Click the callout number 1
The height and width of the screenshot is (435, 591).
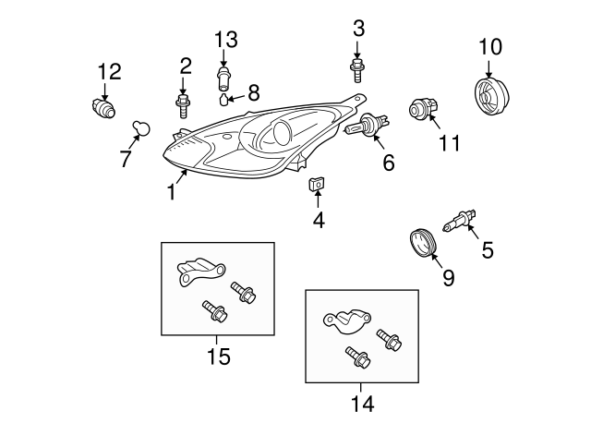pos(172,192)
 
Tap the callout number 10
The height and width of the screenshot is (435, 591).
pos(490,45)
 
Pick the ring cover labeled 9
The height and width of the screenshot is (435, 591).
pos(423,246)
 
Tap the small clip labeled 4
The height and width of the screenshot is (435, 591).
pos(316,187)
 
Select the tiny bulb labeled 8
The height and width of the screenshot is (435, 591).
pos(224,99)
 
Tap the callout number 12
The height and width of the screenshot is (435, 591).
pos(110,70)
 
